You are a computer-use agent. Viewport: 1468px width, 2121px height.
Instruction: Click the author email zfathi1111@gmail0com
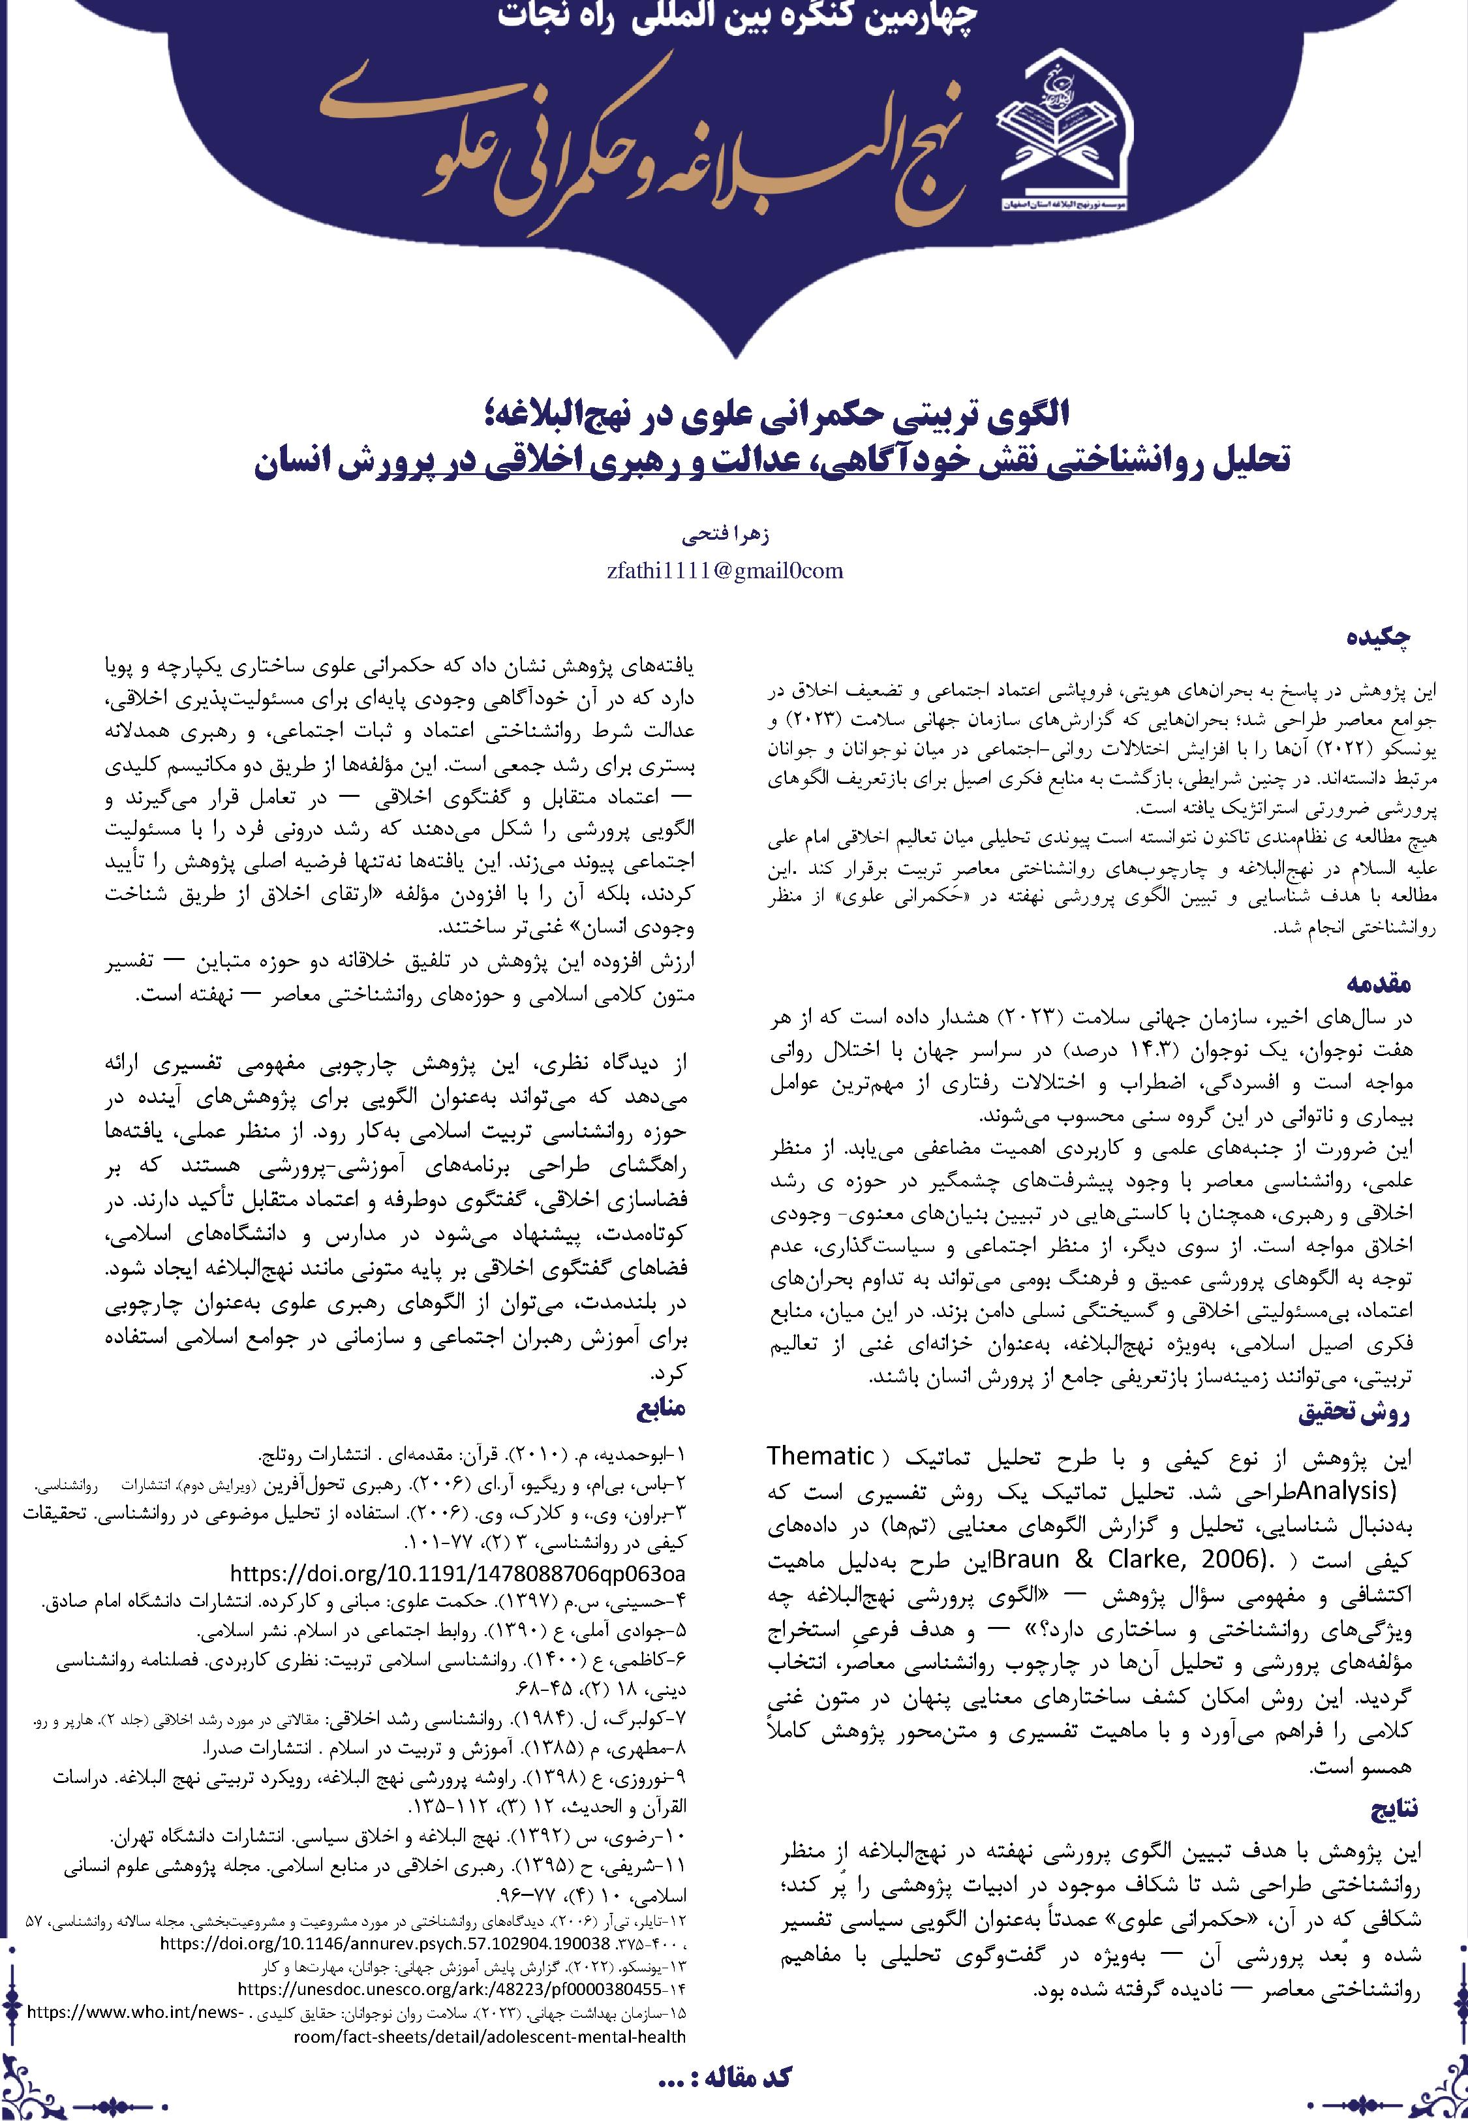pos(726,571)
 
